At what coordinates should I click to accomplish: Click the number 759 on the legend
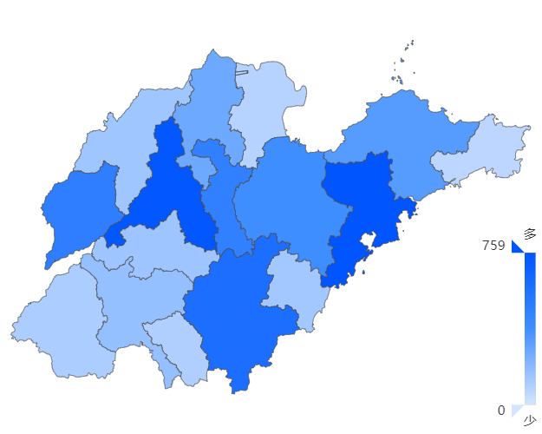point(493,246)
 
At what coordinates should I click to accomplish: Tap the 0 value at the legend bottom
point(501,411)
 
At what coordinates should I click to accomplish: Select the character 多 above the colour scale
point(529,233)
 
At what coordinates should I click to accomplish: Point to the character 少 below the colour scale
point(529,422)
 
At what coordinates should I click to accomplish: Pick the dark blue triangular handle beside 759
point(518,247)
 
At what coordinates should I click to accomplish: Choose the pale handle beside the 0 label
point(518,410)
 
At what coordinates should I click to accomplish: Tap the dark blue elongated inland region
point(169,187)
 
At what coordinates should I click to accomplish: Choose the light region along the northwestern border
point(121,139)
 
